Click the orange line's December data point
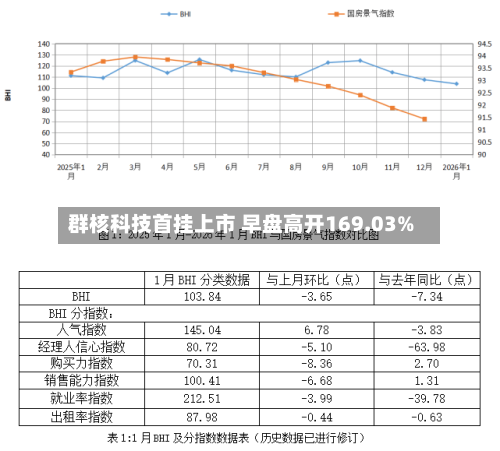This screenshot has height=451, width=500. click(x=425, y=119)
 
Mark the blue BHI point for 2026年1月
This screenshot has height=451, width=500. click(x=457, y=84)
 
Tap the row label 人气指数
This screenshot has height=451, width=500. click(x=82, y=330)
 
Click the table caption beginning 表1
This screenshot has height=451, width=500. click(x=235, y=438)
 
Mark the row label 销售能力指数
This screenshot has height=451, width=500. click(x=82, y=381)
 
